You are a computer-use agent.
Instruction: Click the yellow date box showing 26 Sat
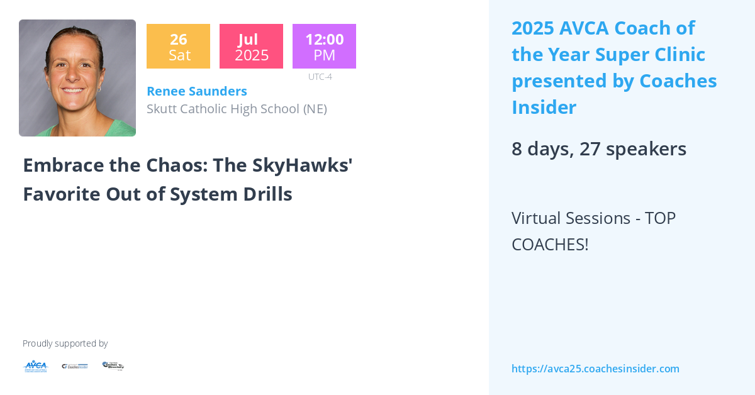178,47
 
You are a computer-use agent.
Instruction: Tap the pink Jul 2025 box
251,47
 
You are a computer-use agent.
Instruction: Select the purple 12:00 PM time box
324,47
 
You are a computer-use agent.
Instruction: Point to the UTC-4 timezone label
320,77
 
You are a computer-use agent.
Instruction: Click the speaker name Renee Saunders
196,91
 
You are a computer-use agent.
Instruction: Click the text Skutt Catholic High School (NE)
237,109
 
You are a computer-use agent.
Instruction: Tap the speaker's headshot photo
77,78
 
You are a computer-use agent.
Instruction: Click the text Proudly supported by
65,343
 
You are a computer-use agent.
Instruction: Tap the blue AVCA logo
35,366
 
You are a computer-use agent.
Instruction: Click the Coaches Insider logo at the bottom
75,366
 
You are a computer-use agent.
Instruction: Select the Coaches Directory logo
113,365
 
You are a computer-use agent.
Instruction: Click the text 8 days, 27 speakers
598,149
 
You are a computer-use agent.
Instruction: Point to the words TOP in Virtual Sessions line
660,218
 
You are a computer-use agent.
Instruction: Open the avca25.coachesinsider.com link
595,369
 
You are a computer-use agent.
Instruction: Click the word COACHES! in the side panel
550,245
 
